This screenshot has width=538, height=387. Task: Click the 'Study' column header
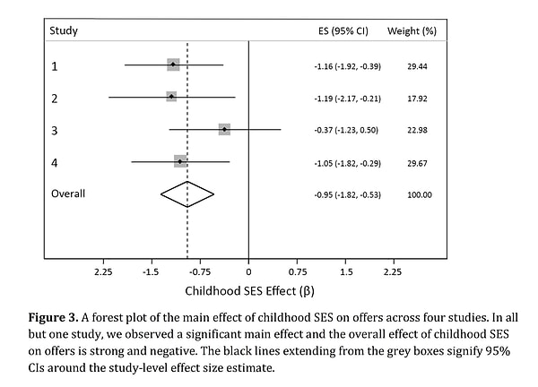click(x=64, y=30)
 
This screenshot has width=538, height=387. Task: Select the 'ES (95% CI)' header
click(x=343, y=30)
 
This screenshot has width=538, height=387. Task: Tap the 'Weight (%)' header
click(x=412, y=30)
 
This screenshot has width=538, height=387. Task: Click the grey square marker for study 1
click(x=173, y=64)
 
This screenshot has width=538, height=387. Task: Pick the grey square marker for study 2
click(x=171, y=97)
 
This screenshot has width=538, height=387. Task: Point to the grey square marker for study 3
click(x=224, y=129)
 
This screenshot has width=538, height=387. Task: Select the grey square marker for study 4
click(x=180, y=161)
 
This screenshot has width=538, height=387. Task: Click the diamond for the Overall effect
click(x=187, y=193)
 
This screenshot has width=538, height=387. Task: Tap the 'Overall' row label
click(x=68, y=193)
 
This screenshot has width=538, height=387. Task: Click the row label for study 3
click(x=55, y=130)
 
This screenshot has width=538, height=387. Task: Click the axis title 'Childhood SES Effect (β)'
click(x=249, y=290)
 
